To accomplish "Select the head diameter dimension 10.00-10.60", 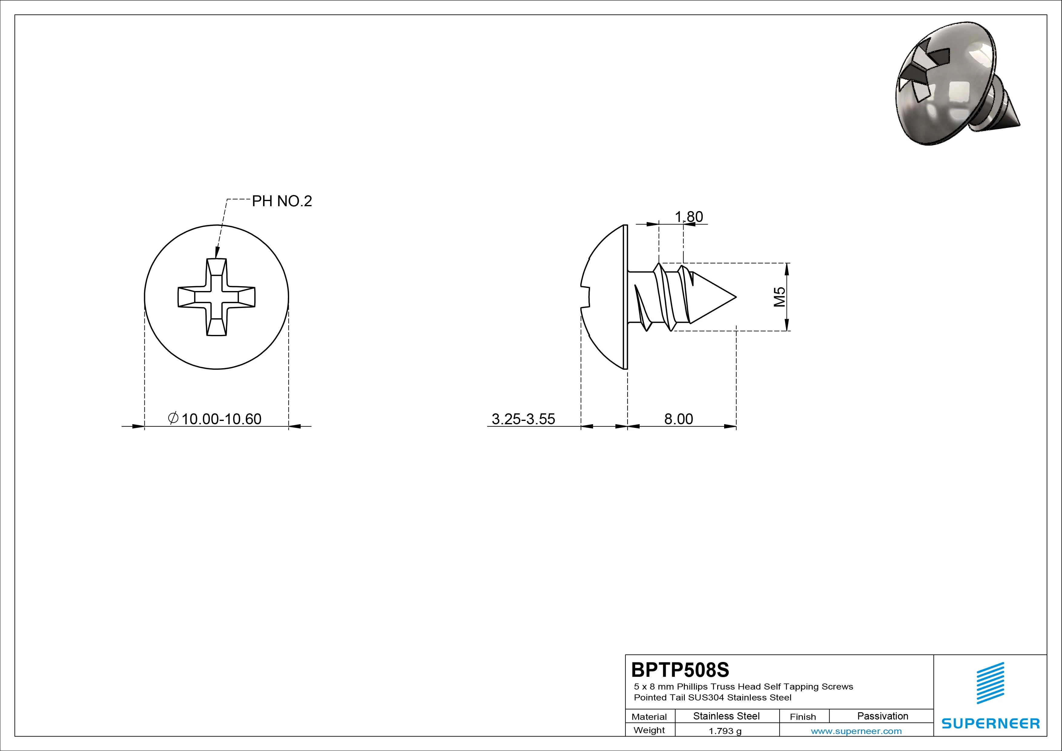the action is click(221, 419).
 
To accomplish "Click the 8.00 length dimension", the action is click(678, 419).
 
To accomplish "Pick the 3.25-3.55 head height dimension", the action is click(523, 419).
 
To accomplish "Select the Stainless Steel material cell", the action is click(726, 716).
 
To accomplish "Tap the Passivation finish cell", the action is click(882, 716).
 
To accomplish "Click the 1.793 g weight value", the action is click(725, 731).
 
